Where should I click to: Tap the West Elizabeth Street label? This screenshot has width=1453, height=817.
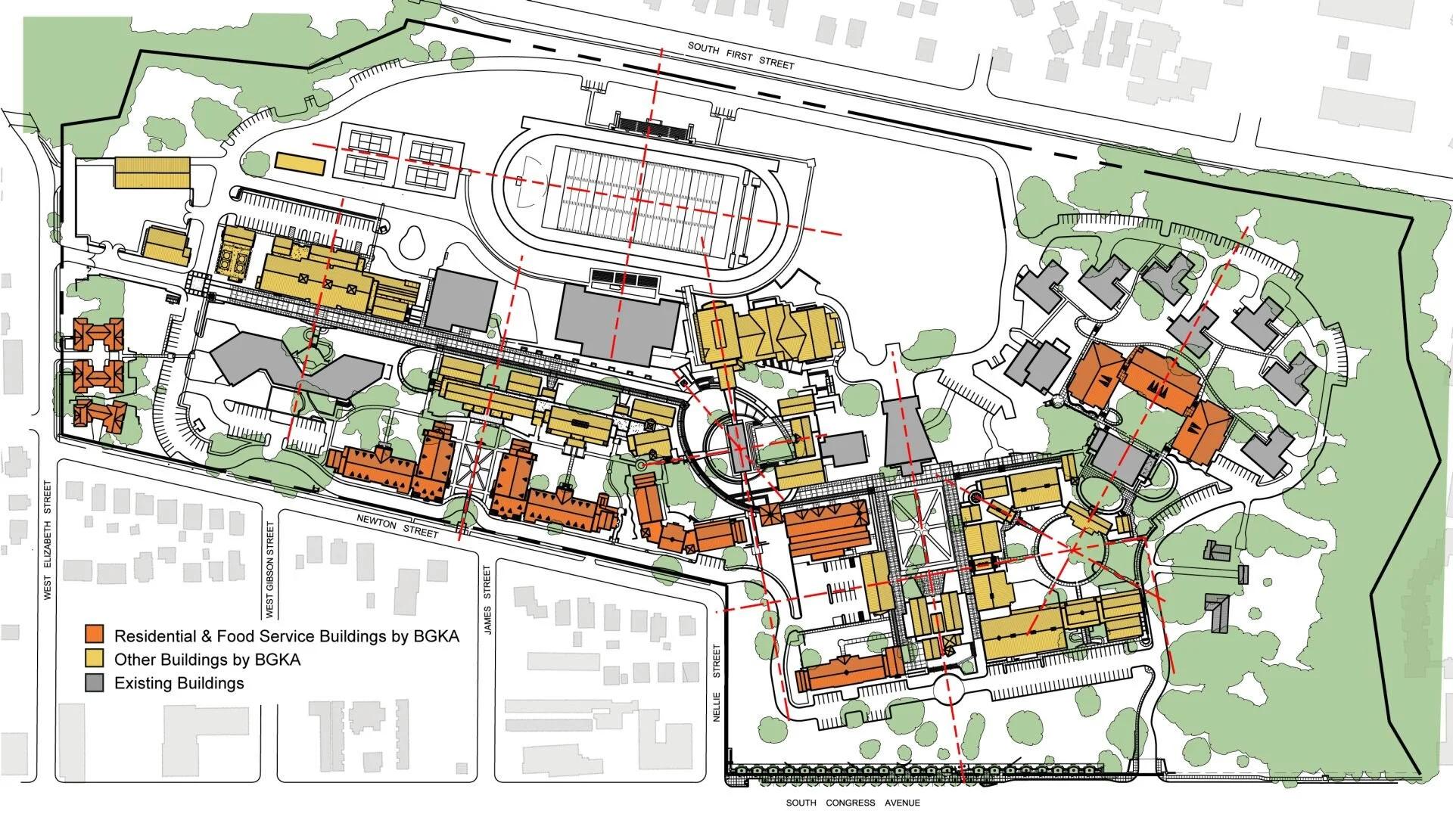click(47, 540)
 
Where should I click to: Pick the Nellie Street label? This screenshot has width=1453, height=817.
click(718, 682)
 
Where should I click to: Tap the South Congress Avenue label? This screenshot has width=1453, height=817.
click(852, 803)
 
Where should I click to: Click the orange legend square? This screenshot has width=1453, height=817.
click(95, 634)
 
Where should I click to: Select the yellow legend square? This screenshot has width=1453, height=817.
click(95, 659)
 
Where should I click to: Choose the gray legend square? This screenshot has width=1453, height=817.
click(95, 683)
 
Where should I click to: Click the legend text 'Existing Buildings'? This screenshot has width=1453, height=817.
click(179, 683)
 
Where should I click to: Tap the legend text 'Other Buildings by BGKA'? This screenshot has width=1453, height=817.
click(207, 659)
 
